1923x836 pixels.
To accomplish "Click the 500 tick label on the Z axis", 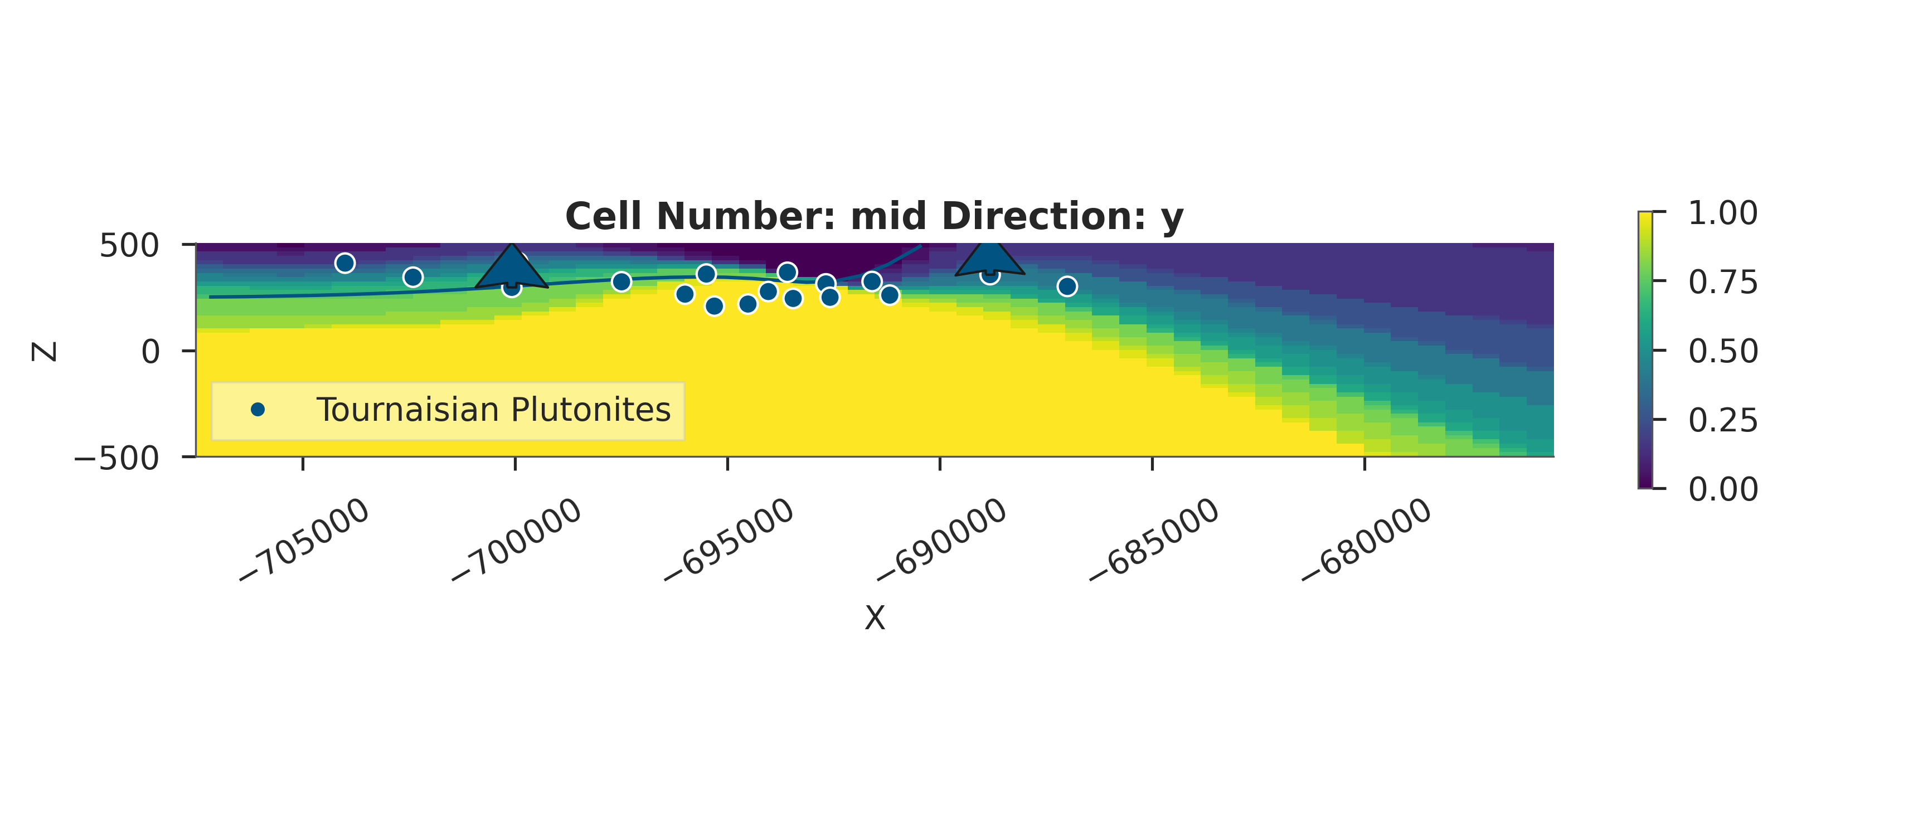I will click(129, 246).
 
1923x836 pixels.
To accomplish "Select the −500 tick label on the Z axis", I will click(116, 458).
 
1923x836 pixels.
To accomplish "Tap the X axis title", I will click(874, 618).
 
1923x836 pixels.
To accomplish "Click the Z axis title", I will click(45, 352).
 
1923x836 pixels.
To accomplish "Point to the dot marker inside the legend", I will click(258, 410).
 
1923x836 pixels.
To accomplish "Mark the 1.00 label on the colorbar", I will click(1723, 213).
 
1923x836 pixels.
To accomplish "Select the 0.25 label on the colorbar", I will click(1723, 420).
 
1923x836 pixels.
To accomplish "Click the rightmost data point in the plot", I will click(1067, 286).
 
